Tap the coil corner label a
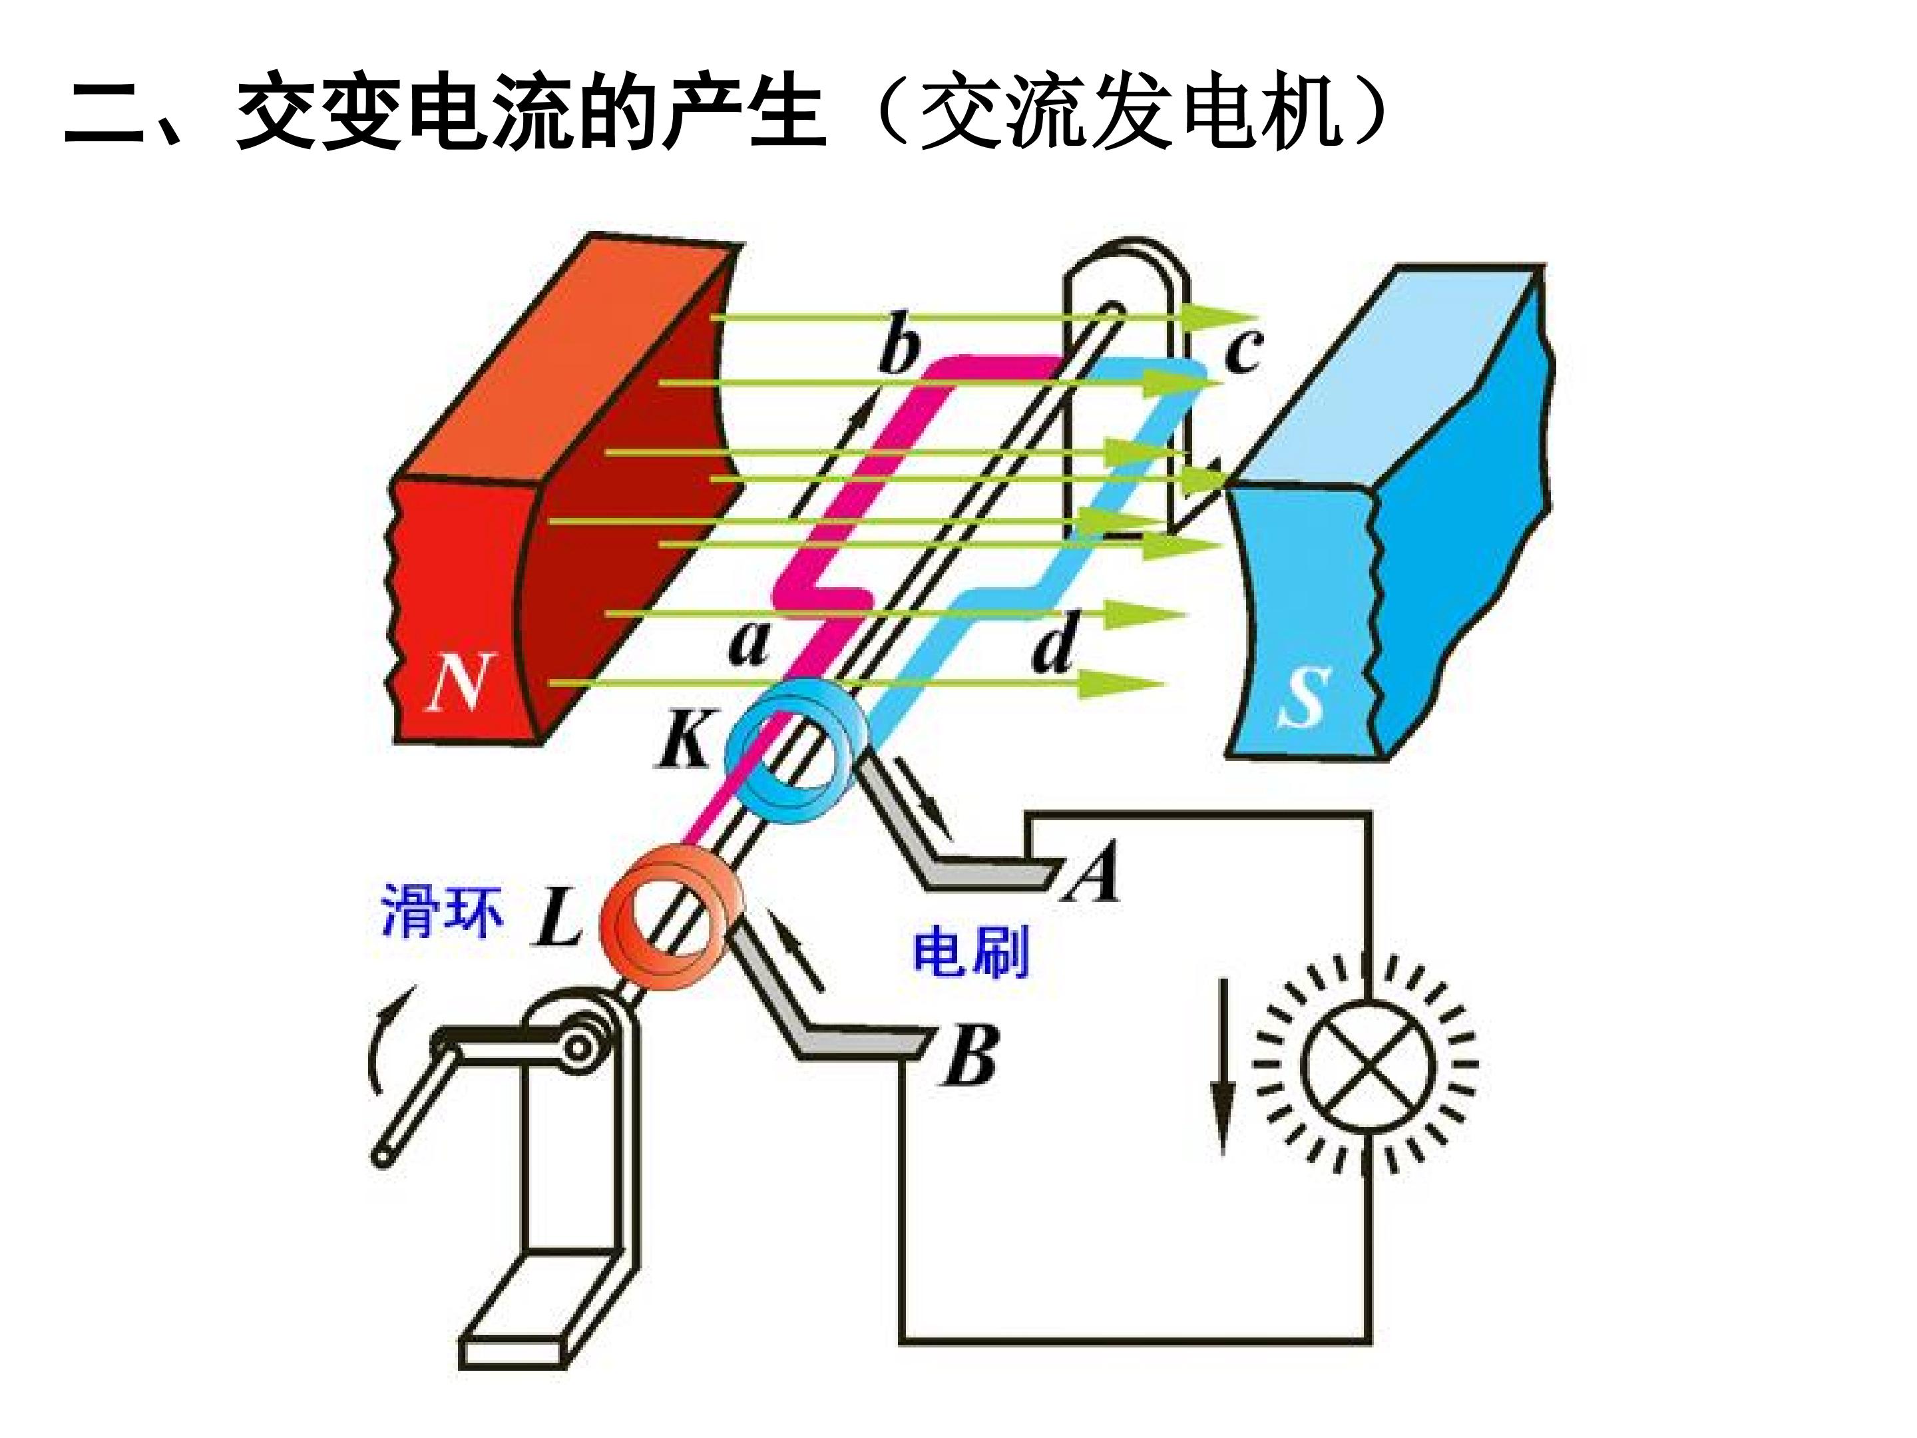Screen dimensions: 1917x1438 [748, 643]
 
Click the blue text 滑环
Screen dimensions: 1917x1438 [442, 910]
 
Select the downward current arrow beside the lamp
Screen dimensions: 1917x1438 [1223, 1065]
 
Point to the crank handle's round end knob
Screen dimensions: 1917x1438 [381, 1156]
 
